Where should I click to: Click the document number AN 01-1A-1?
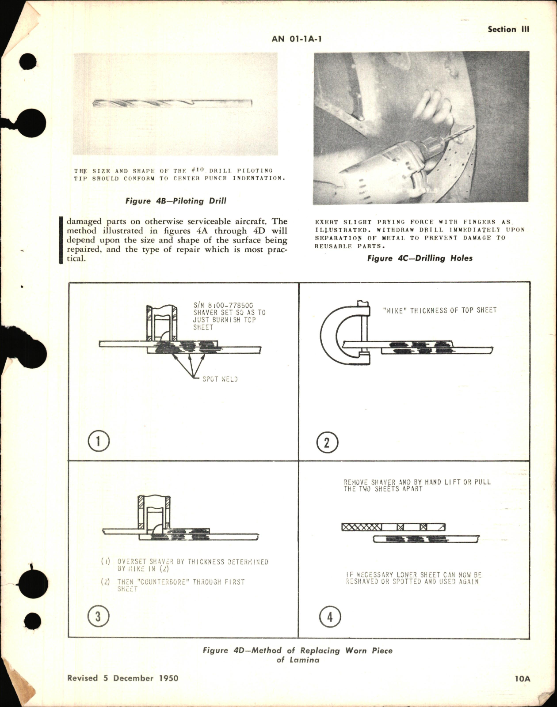(x=297, y=39)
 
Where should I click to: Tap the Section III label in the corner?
(x=508, y=30)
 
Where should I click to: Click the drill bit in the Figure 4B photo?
(x=172, y=103)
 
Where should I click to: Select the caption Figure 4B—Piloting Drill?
(x=175, y=201)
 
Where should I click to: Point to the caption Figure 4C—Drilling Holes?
(x=420, y=258)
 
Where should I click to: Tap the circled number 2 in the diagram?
(x=327, y=442)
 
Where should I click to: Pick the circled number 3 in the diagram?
(x=98, y=616)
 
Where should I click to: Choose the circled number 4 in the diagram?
(x=329, y=616)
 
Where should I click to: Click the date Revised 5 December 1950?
(x=123, y=678)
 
